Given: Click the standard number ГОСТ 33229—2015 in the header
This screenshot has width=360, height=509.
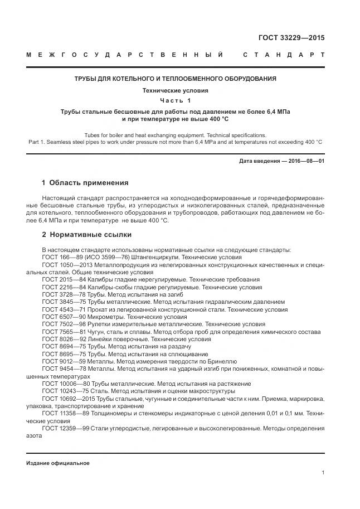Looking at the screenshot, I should click(x=291, y=38).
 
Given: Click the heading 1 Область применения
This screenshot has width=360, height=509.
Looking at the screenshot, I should click(x=85, y=183).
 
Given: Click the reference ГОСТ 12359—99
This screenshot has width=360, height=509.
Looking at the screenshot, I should click(x=66, y=428).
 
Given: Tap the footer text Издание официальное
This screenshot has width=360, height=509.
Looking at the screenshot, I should click(x=57, y=463).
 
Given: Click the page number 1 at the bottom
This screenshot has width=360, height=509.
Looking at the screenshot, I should click(x=323, y=473).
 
